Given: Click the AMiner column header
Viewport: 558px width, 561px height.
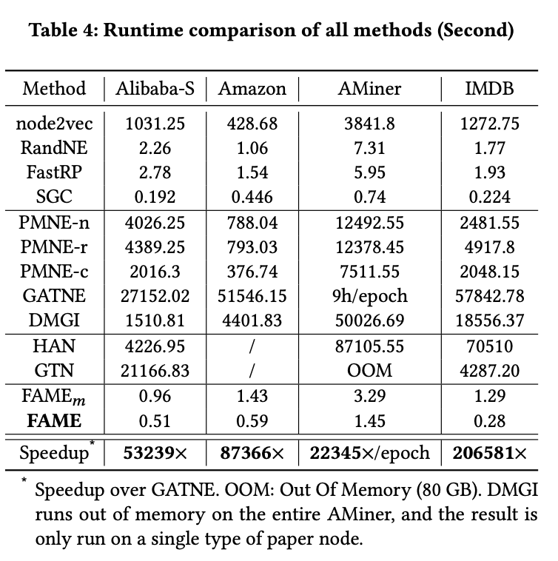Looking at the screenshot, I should (370, 89).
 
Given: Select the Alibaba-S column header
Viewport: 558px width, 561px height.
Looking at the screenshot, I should (155, 89).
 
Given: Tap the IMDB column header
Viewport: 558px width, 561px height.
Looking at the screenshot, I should (489, 89).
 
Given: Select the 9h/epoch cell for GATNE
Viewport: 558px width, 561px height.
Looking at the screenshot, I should (370, 296).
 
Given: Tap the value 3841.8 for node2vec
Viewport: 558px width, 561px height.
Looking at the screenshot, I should (370, 124).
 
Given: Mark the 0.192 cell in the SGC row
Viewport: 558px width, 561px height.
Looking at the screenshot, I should (155, 196).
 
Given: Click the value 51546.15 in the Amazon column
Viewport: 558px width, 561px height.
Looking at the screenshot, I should (252, 296).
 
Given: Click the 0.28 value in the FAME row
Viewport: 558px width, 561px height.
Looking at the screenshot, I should (489, 421).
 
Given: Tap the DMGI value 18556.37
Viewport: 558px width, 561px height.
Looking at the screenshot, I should (489, 320).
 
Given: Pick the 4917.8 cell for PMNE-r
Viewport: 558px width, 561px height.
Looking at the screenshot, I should (489, 247).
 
